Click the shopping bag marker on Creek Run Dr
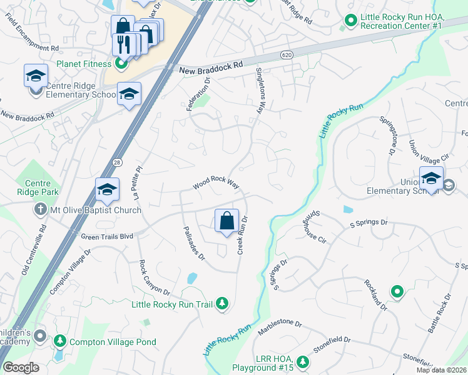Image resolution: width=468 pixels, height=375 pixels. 226,221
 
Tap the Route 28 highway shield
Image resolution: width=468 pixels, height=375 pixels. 117,162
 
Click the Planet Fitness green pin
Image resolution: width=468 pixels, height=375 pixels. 121,64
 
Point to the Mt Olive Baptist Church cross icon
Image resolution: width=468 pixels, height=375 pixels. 41,210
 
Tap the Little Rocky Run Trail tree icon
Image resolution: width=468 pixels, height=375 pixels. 221,304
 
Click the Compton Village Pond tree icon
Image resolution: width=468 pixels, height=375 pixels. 60,341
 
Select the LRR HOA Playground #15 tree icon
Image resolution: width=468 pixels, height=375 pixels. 303,362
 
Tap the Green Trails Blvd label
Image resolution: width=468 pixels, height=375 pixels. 108,236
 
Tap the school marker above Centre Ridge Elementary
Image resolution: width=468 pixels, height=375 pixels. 36,76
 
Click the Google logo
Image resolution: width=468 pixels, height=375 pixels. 21,367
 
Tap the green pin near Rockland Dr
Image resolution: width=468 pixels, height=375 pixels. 397,291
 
